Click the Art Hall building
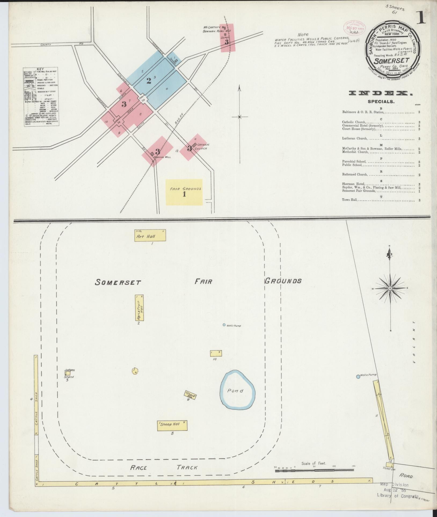pyautogui.click(x=150, y=236)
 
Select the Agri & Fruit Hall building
pyautogui.click(x=139, y=308)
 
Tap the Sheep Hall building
pyautogui.click(x=172, y=426)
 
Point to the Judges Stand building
pyautogui.click(x=67, y=373)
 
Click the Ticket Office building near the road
pyautogui.click(x=389, y=464)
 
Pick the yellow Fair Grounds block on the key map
pyautogui.click(x=184, y=192)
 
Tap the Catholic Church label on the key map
pyautogui.click(x=202, y=146)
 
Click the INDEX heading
pyautogui.click(x=381, y=93)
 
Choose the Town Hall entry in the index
pyautogui.click(x=350, y=200)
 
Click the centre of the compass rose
pyautogui.click(x=390, y=288)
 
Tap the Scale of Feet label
pyautogui.click(x=313, y=463)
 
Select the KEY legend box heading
pyautogui.click(x=41, y=69)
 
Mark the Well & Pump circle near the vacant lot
pyautogui.click(x=358, y=377)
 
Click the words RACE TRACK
pyautogui.click(x=164, y=468)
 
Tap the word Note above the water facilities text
pyautogui.click(x=303, y=34)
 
